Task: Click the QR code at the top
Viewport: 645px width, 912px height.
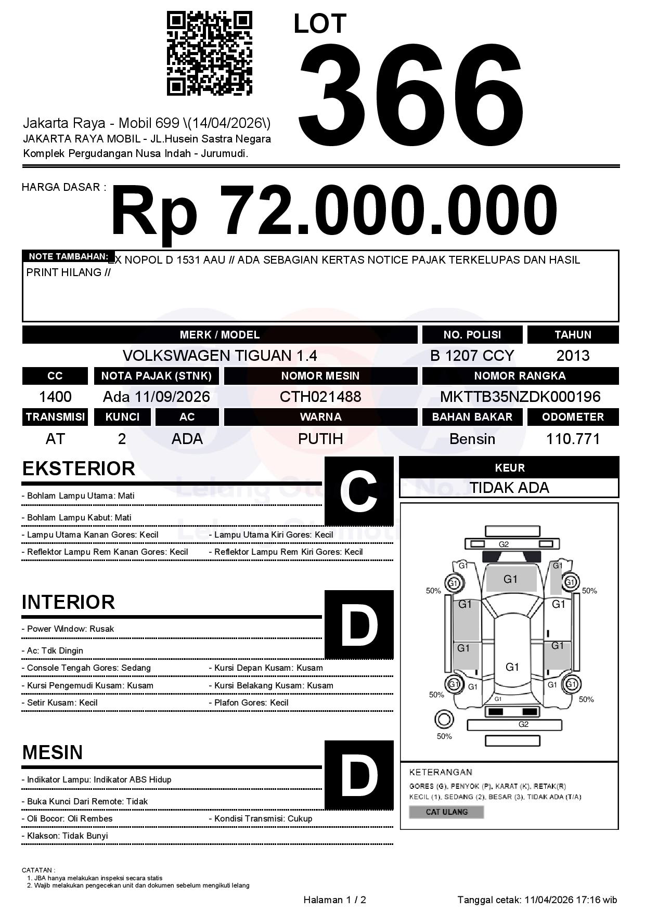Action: pyautogui.click(x=209, y=54)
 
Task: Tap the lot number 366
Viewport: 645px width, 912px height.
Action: pyautogui.click(x=411, y=94)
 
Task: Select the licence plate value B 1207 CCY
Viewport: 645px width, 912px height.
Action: pyautogui.click(x=472, y=356)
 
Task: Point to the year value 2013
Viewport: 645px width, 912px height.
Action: pyautogui.click(x=573, y=356)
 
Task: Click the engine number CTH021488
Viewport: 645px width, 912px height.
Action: pyautogui.click(x=320, y=397)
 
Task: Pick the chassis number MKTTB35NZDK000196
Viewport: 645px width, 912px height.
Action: pyautogui.click(x=520, y=397)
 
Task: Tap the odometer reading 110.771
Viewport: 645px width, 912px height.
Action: pyautogui.click(x=573, y=439)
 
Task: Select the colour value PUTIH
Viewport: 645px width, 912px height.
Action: pyautogui.click(x=320, y=439)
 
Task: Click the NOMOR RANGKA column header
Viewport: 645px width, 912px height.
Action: pyautogui.click(x=520, y=376)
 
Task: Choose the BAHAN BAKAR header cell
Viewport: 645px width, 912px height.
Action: pyautogui.click(x=472, y=417)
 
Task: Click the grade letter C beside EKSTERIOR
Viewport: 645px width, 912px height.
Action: pyautogui.click(x=359, y=491)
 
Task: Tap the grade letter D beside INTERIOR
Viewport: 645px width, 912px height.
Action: pyautogui.click(x=359, y=624)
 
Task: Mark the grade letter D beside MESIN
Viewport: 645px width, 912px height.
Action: pyautogui.click(x=359, y=775)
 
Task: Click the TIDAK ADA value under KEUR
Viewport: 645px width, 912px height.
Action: pyautogui.click(x=509, y=488)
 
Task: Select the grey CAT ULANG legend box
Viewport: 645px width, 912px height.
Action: pyautogui.click(x=446, y=812)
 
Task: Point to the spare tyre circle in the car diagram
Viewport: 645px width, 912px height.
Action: pyautogui.click(x=444, y=720)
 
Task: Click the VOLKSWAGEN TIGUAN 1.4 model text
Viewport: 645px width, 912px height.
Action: pyautogui.click(x=220, y=356)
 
